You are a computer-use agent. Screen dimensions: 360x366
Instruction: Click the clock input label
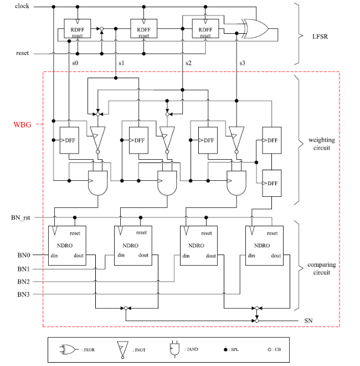pos(22,6)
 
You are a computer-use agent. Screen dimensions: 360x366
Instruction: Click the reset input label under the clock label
pos(22,53)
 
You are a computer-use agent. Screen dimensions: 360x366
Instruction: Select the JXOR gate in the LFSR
pos(255,29)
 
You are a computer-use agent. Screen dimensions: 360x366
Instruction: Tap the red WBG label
pos(22,125)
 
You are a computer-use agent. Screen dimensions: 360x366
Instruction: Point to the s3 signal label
pos(242,63)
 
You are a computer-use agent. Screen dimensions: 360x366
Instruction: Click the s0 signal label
pos(75,63)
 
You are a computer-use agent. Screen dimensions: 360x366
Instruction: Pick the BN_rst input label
pos(20,217)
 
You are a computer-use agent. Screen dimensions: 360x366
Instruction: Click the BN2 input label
pos(24,282)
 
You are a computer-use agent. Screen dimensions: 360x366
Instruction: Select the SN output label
pos(308,321)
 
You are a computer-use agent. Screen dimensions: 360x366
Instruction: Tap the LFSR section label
pos(320,37)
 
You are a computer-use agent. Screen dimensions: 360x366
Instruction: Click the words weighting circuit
pos(322,144)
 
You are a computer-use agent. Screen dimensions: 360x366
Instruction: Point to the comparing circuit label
pos(322,268)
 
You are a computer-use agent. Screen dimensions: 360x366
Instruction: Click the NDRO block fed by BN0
pos(67,246)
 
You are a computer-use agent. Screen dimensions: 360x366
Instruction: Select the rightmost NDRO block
pos(264,246)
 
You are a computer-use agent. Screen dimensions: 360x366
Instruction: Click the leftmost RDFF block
pos(78,28)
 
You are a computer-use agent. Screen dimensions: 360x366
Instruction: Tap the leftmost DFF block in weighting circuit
pos(69,140)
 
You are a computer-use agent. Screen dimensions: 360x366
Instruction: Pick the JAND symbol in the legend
pos(174,349)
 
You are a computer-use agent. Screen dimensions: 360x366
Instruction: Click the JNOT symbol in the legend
pos(122,350)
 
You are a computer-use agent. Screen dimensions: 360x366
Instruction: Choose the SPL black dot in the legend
pos(225,349)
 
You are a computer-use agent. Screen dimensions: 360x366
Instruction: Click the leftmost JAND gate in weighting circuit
pos(98,183)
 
